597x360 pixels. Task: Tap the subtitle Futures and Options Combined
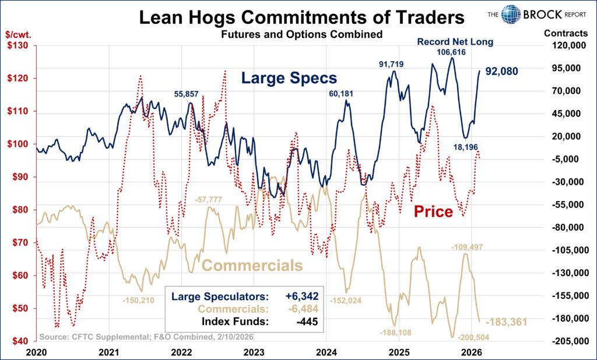coord(301,34)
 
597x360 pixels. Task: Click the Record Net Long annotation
coord(455,41)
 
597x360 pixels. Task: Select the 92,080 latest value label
coord(501,72)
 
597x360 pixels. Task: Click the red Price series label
coord(433,211)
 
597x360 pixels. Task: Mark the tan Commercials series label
coord(252,266)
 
